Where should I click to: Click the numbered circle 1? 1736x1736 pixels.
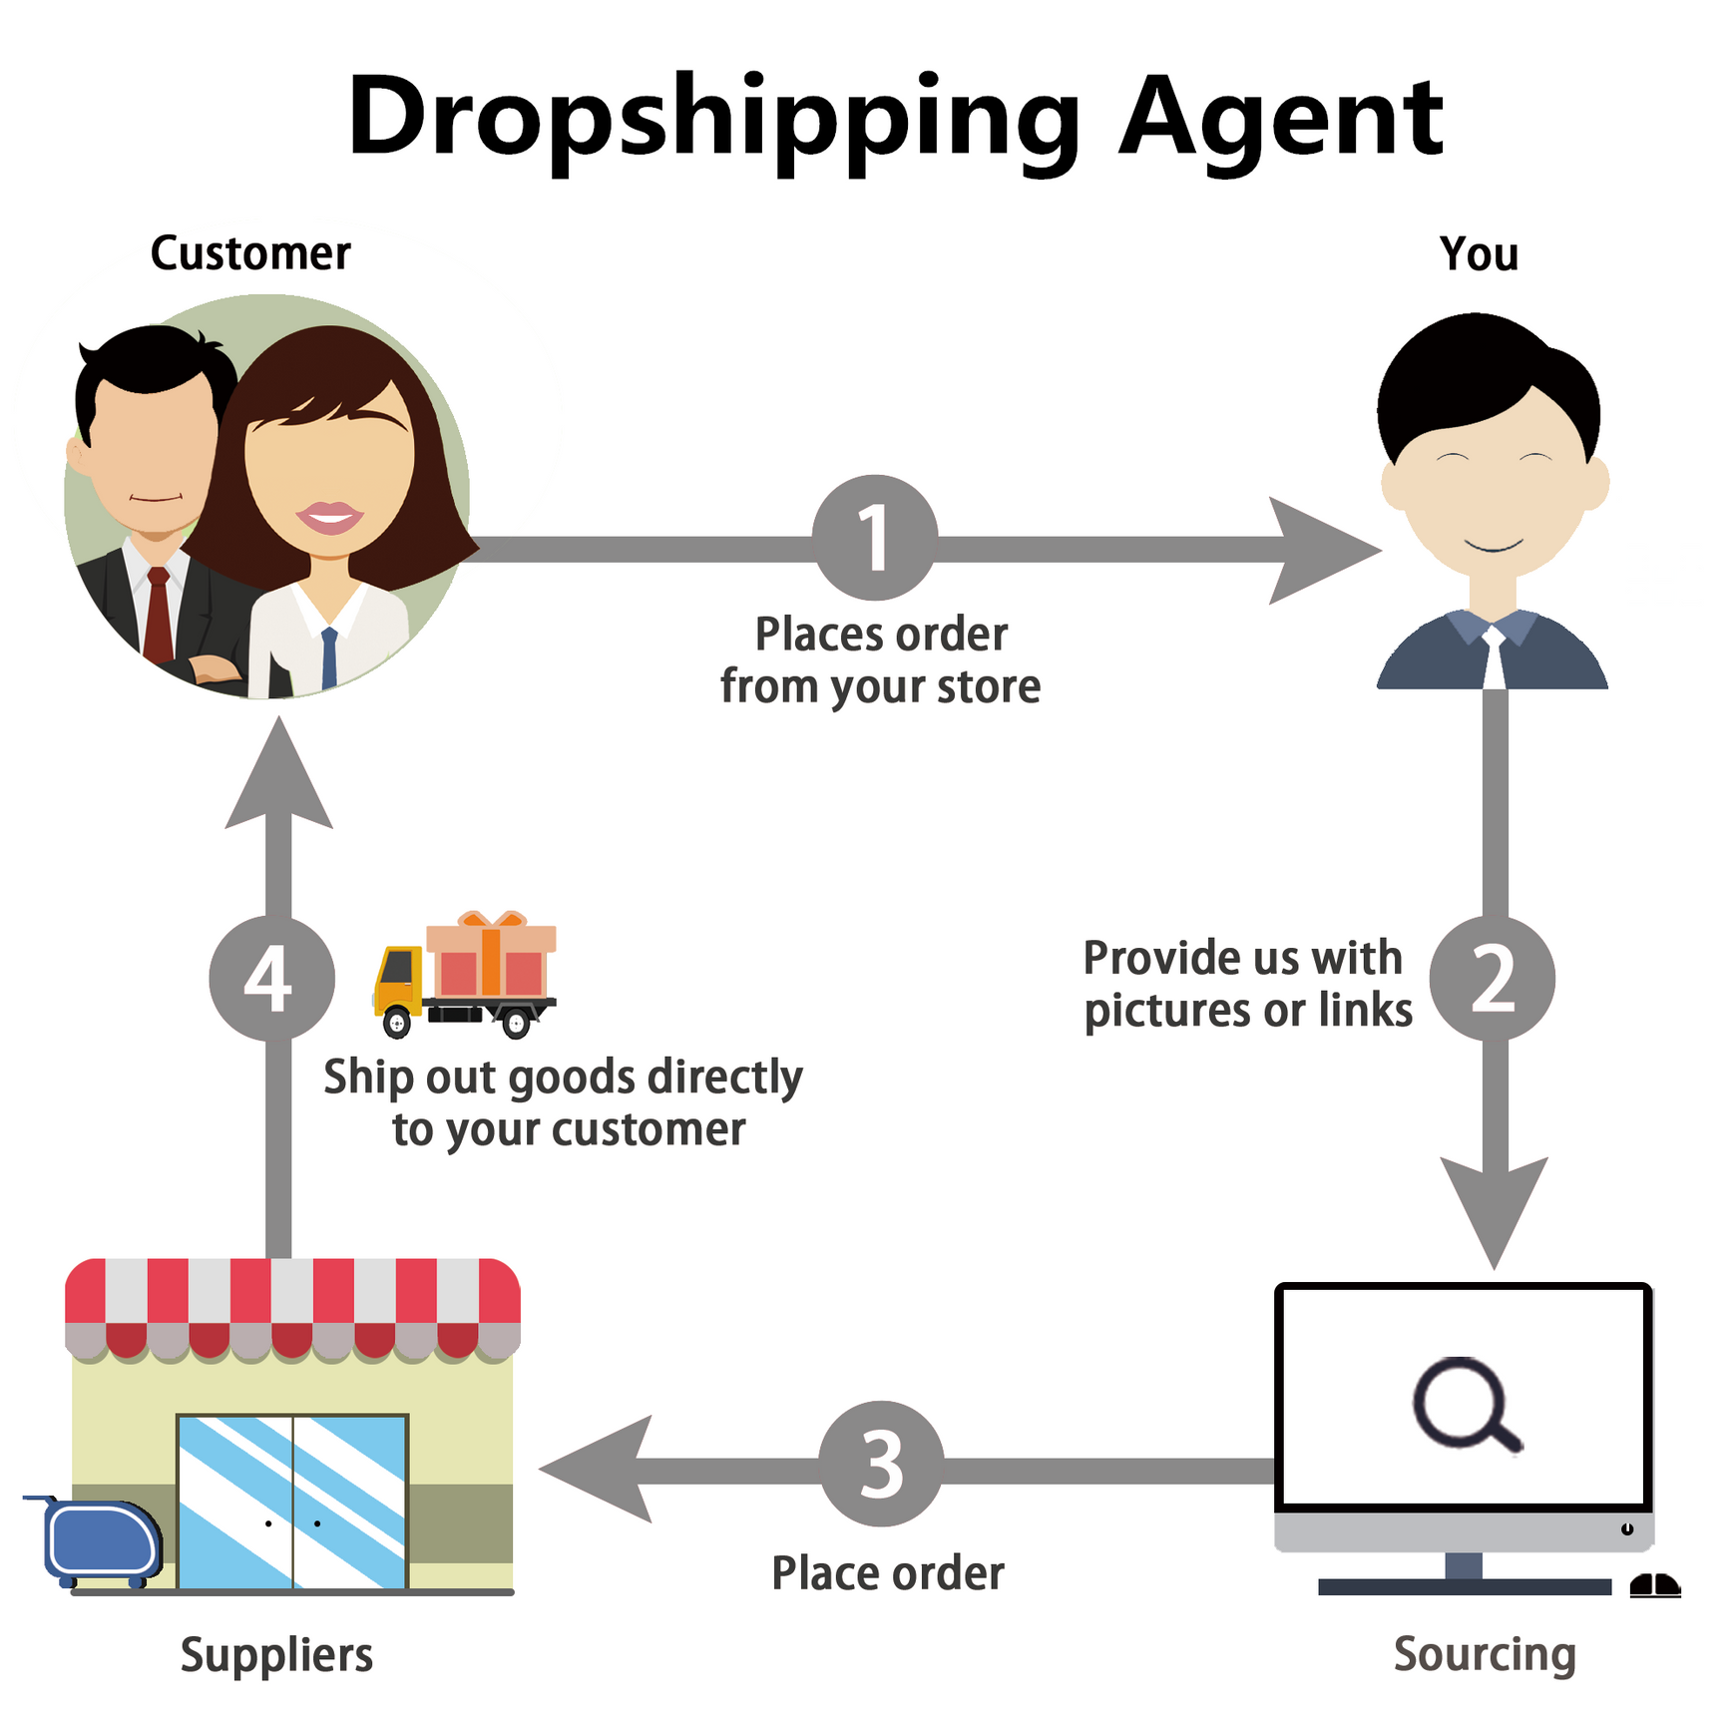(x=875, y=538)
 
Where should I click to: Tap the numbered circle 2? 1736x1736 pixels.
(x=1492, y=979)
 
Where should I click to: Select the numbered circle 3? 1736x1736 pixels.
(x=881, y=1464)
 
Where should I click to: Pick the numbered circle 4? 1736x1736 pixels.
(x=270, y=979)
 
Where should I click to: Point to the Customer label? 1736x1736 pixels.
(x=250, y=253)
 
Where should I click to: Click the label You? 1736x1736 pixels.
(x=1479, y=253)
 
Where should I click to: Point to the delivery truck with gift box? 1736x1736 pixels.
(x=465, y=975)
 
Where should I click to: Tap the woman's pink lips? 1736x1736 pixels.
(x=330, y=517)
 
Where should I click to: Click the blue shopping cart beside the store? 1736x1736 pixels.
(x=100, y=1542)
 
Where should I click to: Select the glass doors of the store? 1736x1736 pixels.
(x=292, y=1501)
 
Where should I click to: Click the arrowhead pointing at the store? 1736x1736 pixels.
(x=599, y=1469)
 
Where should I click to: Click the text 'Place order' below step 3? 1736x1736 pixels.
(x=888, y=1573)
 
